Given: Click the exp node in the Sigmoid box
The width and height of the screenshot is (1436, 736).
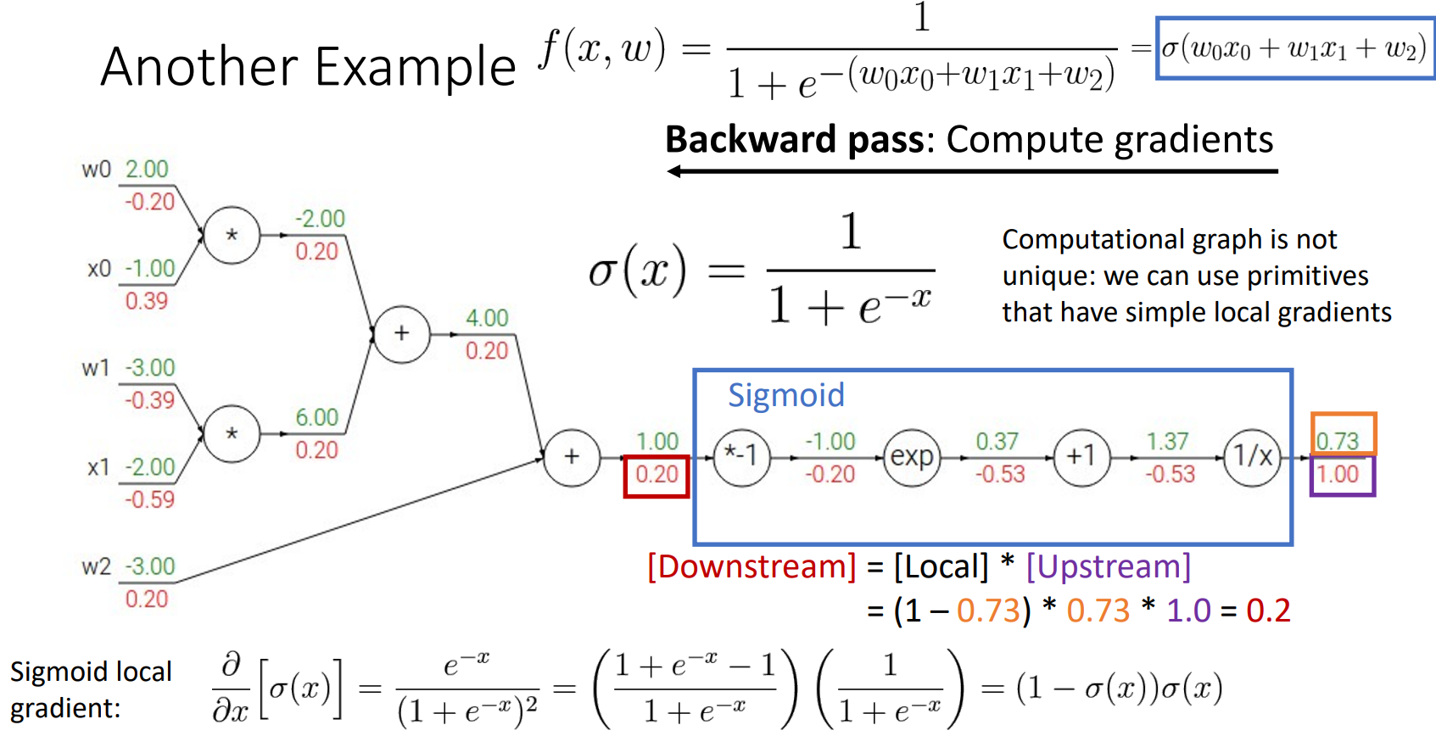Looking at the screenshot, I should click(912, 458).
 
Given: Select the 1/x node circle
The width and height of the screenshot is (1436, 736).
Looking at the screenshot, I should click(1252, 458).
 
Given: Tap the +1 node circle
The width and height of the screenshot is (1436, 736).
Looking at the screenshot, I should click(1081, 458).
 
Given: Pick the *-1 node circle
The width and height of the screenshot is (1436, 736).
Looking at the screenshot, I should click(741, 458).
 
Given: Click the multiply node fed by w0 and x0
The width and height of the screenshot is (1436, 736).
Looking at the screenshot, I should click(232, 235).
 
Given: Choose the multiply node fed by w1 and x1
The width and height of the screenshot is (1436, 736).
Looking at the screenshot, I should click(232, 434).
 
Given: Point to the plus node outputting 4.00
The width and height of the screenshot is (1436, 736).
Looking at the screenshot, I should click(401, 334).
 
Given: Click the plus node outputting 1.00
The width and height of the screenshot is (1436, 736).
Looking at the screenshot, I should click(572, 458).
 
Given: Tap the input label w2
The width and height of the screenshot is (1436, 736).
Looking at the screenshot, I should click(96, 567).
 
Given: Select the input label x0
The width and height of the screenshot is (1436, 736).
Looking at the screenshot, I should click(99, 270).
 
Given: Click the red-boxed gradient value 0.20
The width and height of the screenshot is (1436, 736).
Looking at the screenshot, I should click(657, 475).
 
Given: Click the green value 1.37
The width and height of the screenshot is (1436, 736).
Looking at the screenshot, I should click(1167, 441).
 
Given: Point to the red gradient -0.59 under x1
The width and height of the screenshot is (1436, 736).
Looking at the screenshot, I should click(149, 500).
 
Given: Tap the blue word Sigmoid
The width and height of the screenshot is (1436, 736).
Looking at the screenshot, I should click(785, 395).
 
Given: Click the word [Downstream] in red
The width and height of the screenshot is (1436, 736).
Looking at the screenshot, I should click(752, 566).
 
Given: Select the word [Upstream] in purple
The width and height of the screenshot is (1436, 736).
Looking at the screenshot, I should click(1108, 566).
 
